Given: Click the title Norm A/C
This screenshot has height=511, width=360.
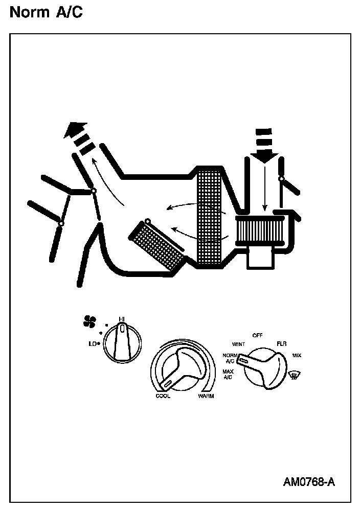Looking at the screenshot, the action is tap(46, 12).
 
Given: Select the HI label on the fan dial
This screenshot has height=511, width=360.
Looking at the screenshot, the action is tap(122, 319).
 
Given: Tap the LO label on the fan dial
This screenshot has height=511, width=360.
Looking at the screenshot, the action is tap(93, 344).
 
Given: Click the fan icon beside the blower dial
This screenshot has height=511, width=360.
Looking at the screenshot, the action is tap(89, 321).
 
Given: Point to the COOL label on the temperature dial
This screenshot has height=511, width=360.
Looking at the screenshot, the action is tap(163, 396).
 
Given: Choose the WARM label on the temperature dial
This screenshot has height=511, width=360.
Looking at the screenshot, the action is tap(206, 396).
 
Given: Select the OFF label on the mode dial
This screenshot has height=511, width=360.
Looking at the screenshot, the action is tap(257, 335).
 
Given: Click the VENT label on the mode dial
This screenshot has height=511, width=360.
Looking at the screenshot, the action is tap(238, 344).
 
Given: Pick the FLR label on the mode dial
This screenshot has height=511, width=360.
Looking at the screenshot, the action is tap(281, 344).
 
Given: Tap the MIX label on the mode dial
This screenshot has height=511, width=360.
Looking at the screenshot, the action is tap(297, 355).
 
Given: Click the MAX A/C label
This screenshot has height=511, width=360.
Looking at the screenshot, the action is tap(228, 374).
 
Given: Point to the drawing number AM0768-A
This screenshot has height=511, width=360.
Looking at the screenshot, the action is tap(309, 482).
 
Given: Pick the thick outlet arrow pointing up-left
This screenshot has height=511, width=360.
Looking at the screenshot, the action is tap(77, 135).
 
